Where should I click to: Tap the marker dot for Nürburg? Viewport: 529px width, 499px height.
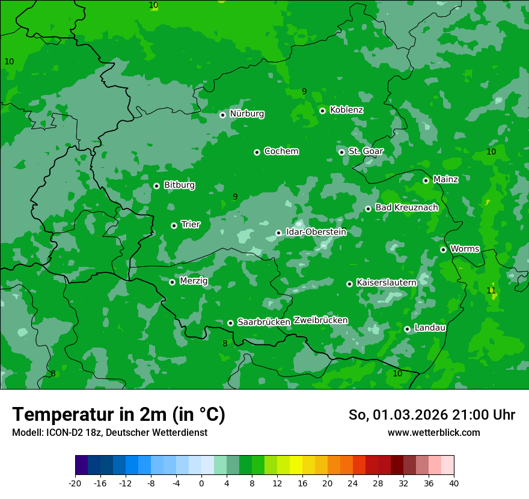pyautogui.click(x=222, y=115)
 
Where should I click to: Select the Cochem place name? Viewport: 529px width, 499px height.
pyautogui.click(x=281, y=152)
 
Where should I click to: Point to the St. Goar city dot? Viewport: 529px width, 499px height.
pyautogui.click(x=341, y=152)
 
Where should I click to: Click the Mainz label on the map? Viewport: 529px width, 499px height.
pyautogui.click(x=445, y=179)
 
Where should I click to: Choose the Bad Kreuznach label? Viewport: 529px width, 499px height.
pyautogui.click(x=406, y=207)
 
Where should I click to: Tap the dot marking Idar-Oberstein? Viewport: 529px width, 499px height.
pyautogui.click(x=278, y=233)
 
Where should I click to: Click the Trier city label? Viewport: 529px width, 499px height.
pyautogui.click(x=191, y=225)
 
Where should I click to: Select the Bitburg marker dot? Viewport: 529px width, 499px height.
pyautogui.click(x=156, y=186)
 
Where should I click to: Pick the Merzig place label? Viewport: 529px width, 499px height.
pyautogui.click(x=194, y=281)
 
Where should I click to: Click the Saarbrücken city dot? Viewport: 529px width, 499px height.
pyautogui.click(x=230, y=323)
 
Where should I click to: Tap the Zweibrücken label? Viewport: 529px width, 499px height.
pyautogui.click(x=320, y=320)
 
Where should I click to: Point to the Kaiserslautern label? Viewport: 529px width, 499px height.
pyautogui.click(x=387, y=283)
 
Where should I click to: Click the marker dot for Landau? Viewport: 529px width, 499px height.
pyautogui.click(x=407, y=329)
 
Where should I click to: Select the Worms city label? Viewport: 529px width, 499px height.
pyautogui.click(x=465, y=249)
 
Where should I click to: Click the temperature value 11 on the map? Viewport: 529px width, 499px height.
pyautogui.click(x=491, y=290)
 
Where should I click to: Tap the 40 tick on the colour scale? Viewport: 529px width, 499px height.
pyautogui.click(x=453, y=483)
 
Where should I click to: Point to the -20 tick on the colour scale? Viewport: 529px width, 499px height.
pyautogui.click(x=75, y=483)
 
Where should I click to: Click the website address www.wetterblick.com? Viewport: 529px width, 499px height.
pyautogui.click(x=433, y=432)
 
